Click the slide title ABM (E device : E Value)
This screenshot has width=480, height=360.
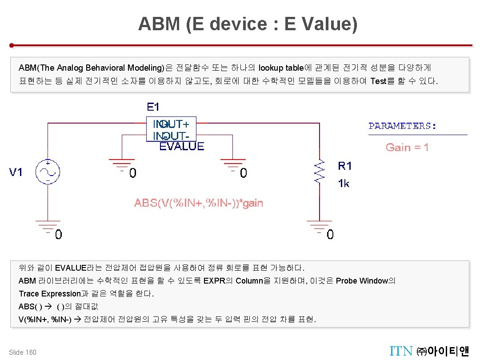coord(248,24)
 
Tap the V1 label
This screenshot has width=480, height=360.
coord(16,172)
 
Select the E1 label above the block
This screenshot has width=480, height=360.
coord(153,107)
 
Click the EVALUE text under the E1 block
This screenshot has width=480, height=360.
coord(182,147)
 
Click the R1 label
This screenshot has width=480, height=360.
coord(345,166)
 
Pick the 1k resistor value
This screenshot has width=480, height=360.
coord(344,183)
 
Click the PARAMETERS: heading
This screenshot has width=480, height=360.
coord(403,126)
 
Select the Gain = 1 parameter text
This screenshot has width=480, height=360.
coord(407,148)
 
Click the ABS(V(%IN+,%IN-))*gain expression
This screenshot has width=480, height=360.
coord(199,204)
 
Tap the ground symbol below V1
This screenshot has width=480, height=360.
coord(48,225)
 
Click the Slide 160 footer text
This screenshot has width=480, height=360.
coord(23,352)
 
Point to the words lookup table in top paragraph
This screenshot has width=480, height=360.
coord(281,68)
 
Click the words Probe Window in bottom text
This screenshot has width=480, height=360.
coord(362,281)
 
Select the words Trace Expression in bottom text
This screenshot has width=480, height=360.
coord(49,294)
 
